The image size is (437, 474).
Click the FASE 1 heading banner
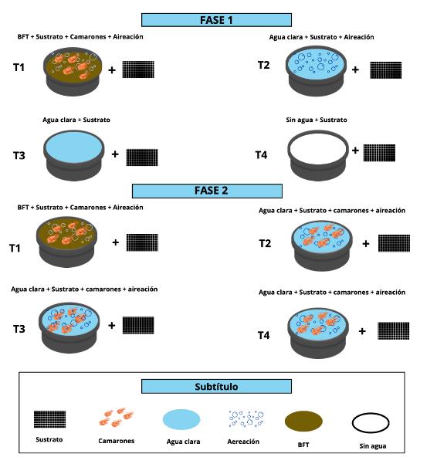tap(216, 20)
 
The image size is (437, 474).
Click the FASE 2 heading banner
tap(207, 191)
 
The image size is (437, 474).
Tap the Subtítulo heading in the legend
tap(216, 386)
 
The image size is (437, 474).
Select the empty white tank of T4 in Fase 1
tap(317, 155)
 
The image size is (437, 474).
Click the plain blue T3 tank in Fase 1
tap(74, 155)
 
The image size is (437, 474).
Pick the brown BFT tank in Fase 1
tap(73, 72)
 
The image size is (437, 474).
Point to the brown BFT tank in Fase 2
tap(67, 242)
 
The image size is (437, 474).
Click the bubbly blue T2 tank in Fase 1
tap(316, 71)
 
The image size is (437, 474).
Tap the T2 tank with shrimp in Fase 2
tap(322, 245)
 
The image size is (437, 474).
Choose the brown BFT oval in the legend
tap(303, 421)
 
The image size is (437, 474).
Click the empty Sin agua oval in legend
tap(371, 423)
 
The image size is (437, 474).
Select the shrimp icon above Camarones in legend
tap(116, 417)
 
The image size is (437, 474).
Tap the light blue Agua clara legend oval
tap(181, 419)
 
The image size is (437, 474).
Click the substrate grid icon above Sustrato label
tap(49, 419)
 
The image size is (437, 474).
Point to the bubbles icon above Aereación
tap(246, 418)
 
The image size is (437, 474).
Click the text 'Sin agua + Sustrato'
tap(317, 120)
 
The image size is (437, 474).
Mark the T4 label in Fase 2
tap(263, 335)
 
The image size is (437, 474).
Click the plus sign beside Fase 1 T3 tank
tap(115, 154)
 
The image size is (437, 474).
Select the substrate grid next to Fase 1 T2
tap(386, 70)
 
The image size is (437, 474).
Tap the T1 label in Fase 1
tap(19, 67)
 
